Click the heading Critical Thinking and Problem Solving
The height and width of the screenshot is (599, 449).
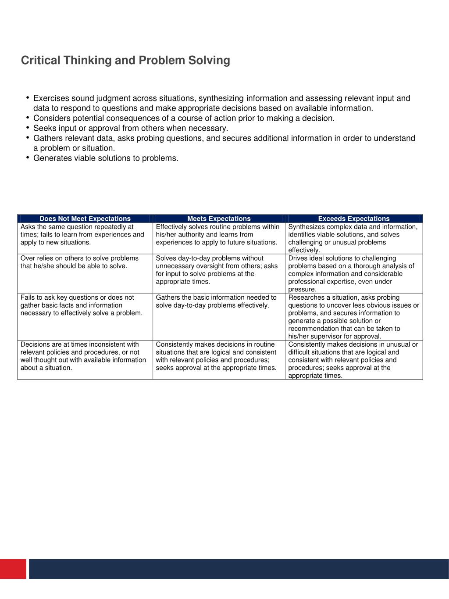tap(125, 60)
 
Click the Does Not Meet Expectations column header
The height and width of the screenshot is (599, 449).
tap(85, 219)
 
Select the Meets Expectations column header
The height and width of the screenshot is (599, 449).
tap(219, 219)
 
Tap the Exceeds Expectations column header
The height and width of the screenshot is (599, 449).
tap(353, 219)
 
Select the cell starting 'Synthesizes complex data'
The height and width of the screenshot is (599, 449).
tap(353, 238)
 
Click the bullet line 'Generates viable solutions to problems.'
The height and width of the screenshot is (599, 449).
tap(106, 158)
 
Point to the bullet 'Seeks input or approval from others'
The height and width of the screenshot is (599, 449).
tap(131, 128)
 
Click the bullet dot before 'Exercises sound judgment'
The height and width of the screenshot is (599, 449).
tap(28, 98)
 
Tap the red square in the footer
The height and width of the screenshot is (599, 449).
tap(13, 569)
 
